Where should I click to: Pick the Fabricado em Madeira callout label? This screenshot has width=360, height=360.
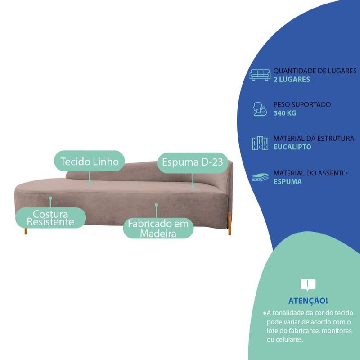[158, 229]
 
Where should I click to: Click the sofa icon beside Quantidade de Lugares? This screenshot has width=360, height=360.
[260, 75]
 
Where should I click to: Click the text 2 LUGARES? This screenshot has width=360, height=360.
[292, 80]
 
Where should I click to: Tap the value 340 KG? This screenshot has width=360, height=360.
[285, 113]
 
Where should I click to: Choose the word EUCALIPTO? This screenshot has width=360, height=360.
[292, 147]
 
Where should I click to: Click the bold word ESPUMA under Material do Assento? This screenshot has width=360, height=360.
[288, 182]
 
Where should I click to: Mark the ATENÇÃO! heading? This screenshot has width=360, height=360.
[308, 301]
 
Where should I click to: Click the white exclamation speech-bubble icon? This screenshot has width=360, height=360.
[308, 285]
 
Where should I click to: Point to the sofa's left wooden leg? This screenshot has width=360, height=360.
[26, 231]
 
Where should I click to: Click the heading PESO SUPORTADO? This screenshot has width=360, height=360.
[302, 105]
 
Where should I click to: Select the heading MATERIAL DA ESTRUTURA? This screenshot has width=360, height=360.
[314, 139]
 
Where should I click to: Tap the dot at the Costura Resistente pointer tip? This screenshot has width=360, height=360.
[50, 198]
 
